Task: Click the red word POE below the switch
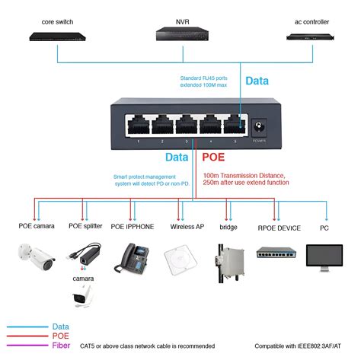point(215,157)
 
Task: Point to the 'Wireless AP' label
point(187,227)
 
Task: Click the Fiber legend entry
point(58,346)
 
